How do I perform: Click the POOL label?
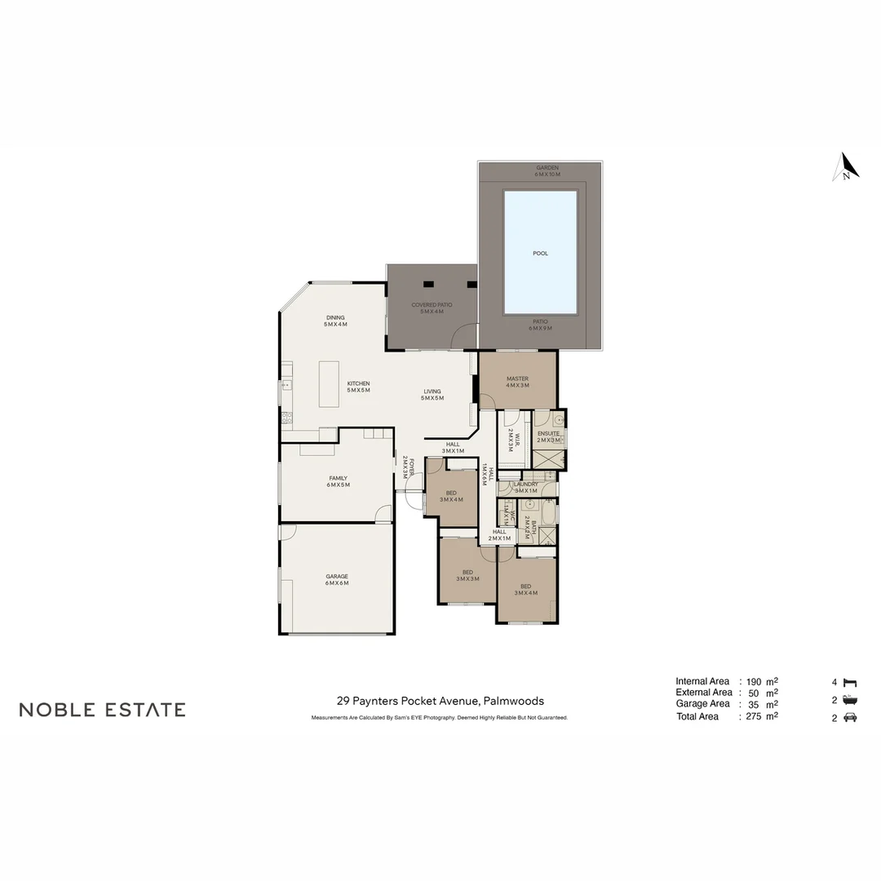click(540, 254)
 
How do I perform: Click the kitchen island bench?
click(329, 384)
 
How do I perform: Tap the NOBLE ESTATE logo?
click(102, 710)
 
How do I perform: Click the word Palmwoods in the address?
click(513, 701)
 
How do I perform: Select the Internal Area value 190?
click(754, 682)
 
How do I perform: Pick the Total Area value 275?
click(754, 716)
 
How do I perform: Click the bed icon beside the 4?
click(849, 682)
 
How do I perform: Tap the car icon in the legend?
click(849, 717)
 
